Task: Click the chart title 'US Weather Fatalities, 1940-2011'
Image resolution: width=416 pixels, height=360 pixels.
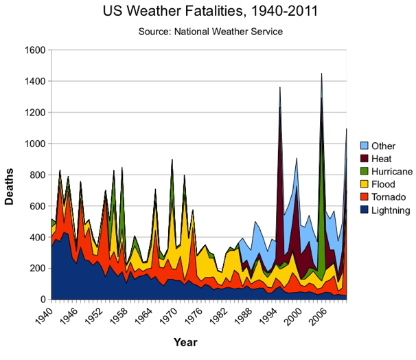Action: click(x=207, y=12)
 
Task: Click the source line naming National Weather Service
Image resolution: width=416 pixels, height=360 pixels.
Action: click(x=207, y=32)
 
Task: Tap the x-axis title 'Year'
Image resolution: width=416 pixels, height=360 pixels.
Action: click(x=185, y=341)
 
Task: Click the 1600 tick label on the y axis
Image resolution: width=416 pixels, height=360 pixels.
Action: click(x=34, y=50)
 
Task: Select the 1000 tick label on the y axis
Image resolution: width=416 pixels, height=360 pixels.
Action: click(x=34, y=144)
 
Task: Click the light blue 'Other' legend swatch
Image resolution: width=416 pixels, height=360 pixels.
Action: click(x=365, y=146)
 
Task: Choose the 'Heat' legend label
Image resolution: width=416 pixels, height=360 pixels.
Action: click(x=382, y=159)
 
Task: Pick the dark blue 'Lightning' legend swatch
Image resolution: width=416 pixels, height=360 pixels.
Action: click(x=365, y=211)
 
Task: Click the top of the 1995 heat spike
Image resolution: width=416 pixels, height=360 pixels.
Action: click(x=280, y=87)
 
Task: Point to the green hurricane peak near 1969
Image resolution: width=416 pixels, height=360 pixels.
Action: click(x=172, y=160)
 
